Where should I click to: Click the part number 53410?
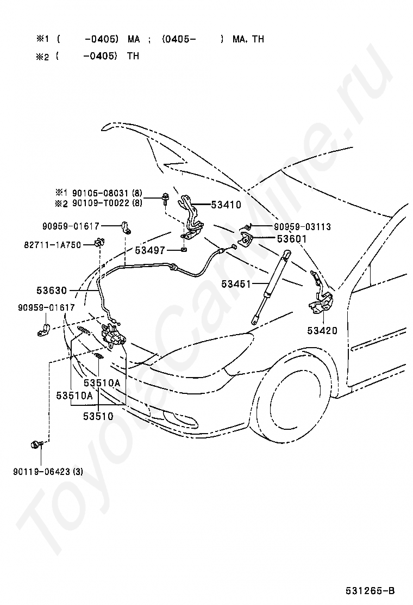click(x=226, y=205)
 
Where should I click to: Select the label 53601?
click(x=292, y=239)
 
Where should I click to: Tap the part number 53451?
click(x=236, y=285)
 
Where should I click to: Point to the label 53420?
click(x=322, y=331)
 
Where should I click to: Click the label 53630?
click(x=52, y=290)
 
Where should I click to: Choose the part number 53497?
click(x=150, y=250)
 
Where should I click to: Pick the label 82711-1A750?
click(x=53, y=245)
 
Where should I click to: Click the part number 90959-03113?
click(x=303, y=227)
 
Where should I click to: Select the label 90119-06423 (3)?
click(x=48, y=472)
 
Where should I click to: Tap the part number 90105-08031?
click(x=100, y=193)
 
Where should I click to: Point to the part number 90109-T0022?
click(x=101, y=202)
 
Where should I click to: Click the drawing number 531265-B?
click(x=370, y=591)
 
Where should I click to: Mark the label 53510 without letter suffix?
click(x=98, y=416)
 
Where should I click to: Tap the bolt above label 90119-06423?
click(x=36, y=445)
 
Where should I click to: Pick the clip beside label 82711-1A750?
click(x=99, y=243)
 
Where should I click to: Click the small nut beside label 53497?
click(x=184, y=250)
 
